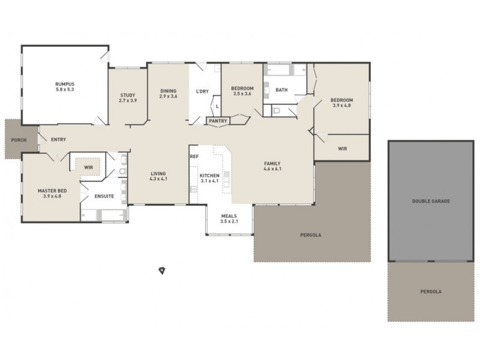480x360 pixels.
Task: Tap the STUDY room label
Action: coord(127,95)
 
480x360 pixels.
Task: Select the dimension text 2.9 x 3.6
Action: coord(168,96)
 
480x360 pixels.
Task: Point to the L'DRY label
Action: coord(202,91)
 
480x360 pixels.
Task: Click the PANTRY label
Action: coord(217,121)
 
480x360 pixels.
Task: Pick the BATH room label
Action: coord(281,90)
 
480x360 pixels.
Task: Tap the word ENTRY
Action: coord(58,140)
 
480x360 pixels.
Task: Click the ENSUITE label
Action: coord(104,196)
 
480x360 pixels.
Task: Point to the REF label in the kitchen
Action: coord(194,157)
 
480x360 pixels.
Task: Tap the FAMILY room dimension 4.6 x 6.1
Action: coord(272,169)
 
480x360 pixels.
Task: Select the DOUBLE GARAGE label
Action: coord(430,201)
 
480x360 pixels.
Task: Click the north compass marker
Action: coord(161,271)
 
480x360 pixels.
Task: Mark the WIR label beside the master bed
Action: coord(88,167)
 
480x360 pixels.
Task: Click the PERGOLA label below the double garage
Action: coord(430,292)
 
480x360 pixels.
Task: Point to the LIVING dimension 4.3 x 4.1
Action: coord(158,179)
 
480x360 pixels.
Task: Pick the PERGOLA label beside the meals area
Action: coord(310,235)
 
